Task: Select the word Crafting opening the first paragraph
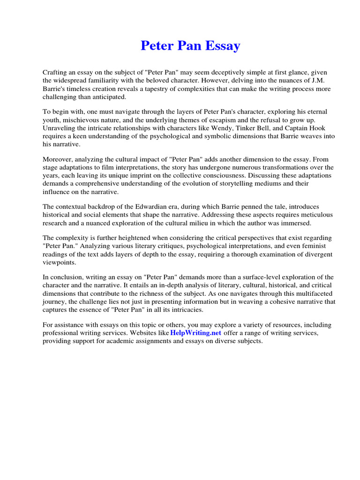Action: tap(55, 73)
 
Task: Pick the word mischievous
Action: tap(82, 120)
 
